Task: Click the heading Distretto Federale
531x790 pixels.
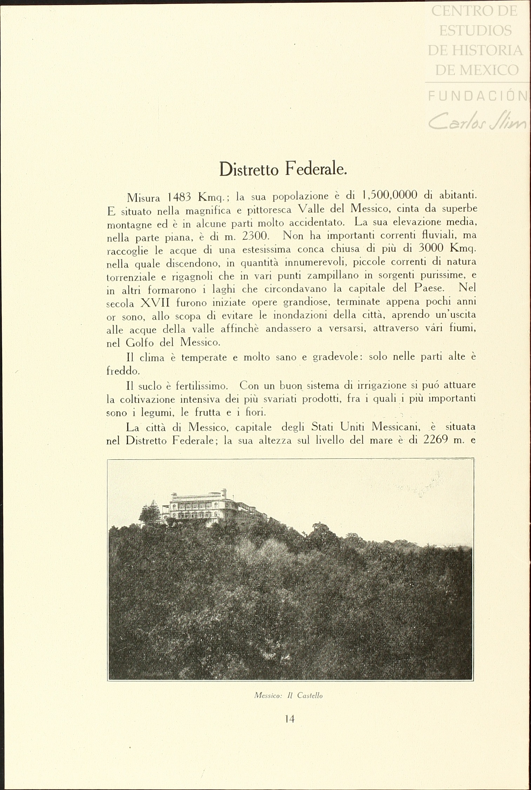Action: (283, 169)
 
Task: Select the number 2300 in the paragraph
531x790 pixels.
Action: (255, 236)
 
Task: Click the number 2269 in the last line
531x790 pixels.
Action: (436, 440)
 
